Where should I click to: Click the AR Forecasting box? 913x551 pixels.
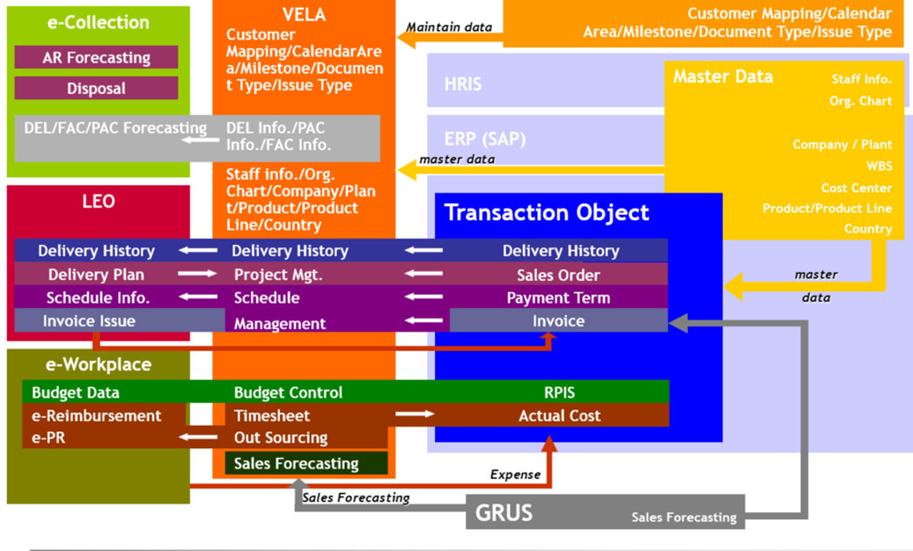pos(96,58)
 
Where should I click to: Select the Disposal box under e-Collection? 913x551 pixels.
pos(96,88)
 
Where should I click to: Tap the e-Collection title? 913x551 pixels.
pos(98,23)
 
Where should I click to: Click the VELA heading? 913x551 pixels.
pos(304,15)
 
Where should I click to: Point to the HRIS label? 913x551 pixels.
pos(463,84)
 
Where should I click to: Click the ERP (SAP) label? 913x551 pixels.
pos(485,139)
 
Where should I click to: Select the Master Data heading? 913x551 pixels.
pos(723,77)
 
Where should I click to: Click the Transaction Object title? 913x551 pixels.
pos(547,213)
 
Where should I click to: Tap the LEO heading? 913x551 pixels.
pos(98,202)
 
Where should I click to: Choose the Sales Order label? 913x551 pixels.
pos(558,275)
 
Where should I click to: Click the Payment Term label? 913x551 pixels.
pos(558,298)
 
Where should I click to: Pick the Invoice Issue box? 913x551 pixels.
pos(89,321)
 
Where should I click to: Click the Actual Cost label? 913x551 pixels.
pos(559,415)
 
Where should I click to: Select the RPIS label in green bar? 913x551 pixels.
pos(559,393)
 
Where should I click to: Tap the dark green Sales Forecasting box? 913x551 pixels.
pos(297,464)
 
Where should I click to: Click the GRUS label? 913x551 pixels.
pos(504,512)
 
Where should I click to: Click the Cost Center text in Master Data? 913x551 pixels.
pos(856,187)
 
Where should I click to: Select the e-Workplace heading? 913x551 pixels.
pos(98,364)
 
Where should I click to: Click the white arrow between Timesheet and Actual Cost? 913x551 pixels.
pos(415,415)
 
